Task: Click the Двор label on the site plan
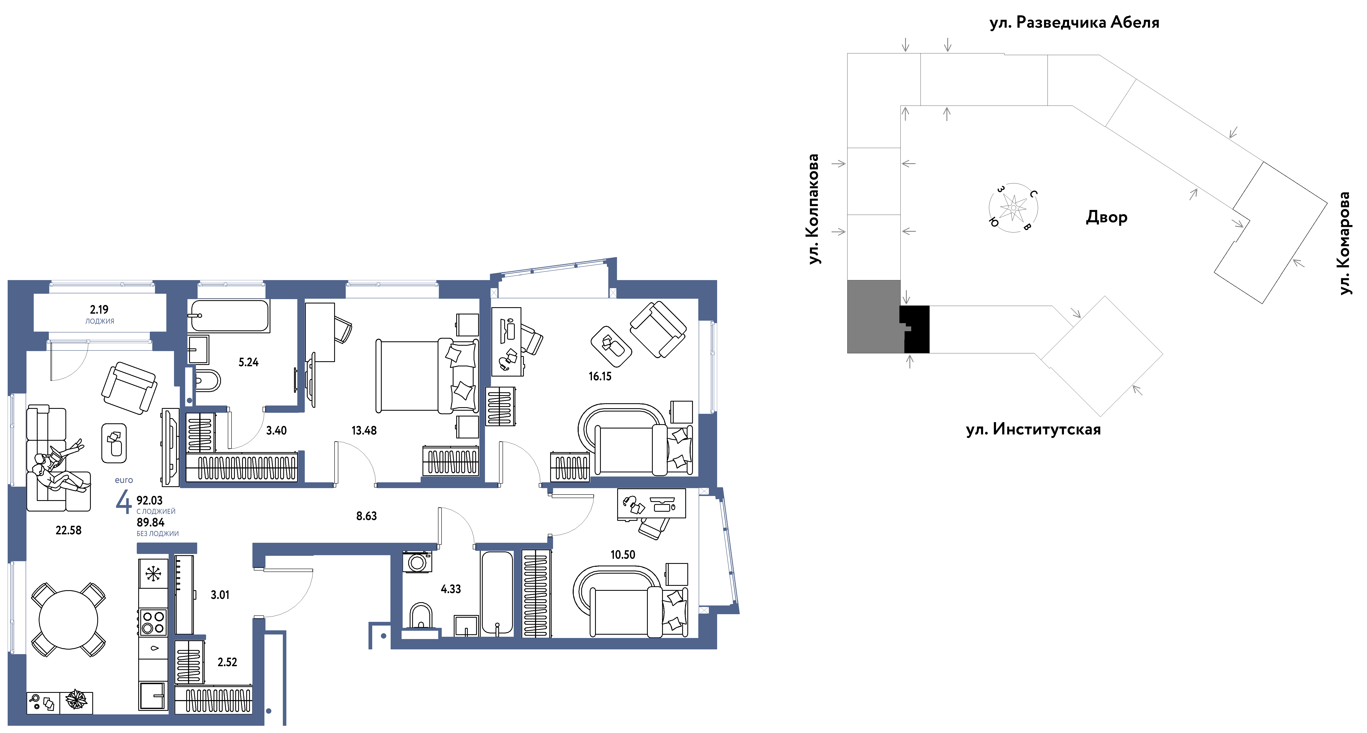click(1107, 217)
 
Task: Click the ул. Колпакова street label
click(813, 209)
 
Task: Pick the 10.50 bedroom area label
click(623, 555)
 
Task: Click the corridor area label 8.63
click(366, 516)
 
